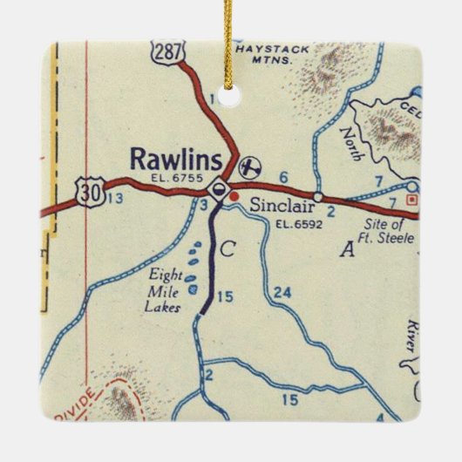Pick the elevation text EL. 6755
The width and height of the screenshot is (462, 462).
[177, 179]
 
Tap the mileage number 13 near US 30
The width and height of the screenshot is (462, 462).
[114, 200]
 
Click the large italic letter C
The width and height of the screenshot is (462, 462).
[227, 250]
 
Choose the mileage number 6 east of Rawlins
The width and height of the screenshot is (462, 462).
[283, 178]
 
